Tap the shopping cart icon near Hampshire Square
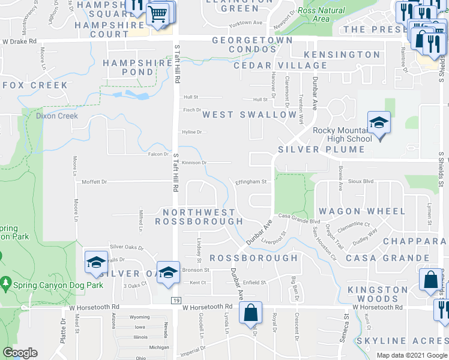pyautogui.click(x=159, y=13)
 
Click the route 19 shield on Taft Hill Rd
pyautogui.click(x=173, y=300)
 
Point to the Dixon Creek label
pyautogui.click(x=56, y=116)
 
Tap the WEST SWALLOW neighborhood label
pyautogui.click(x=249, y=114)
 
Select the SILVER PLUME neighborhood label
pyautogui.click(x=321, y=149)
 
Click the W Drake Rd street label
pyautogui.click(x=19, y=41)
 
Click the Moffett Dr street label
pyautogui.click(x=94, y=181)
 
